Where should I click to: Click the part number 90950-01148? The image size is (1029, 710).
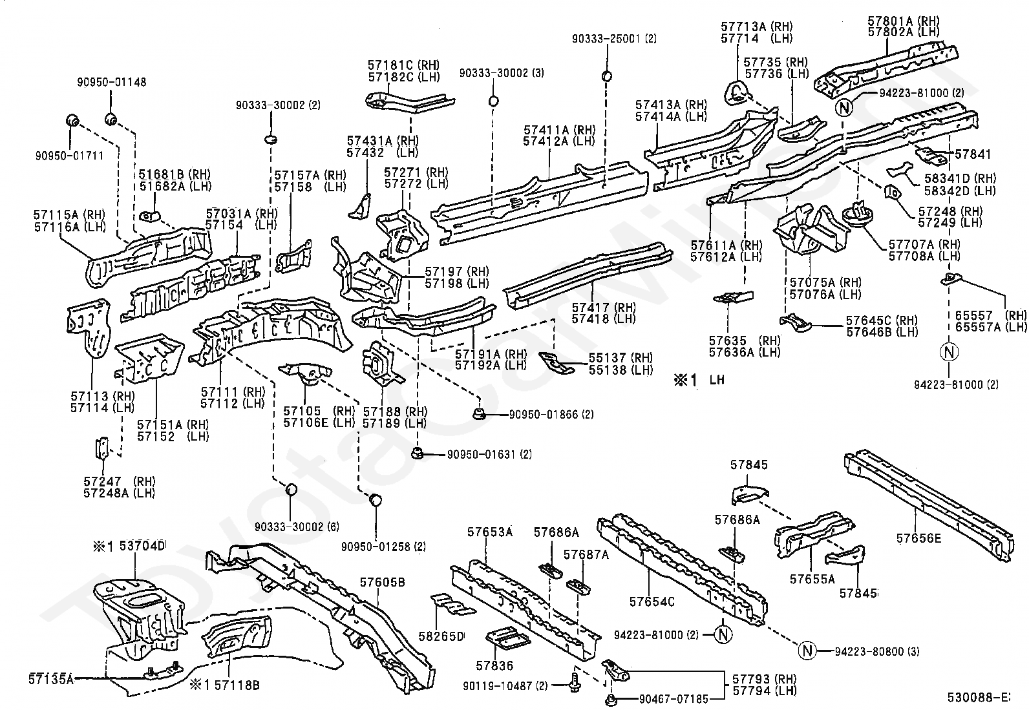pos(111,82)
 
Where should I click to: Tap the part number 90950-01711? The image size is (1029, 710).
pos(69,155)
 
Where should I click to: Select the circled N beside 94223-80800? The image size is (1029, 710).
pos(807,651)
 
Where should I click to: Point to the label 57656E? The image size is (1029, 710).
pos(918,537)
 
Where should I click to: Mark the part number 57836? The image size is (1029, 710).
pos(494,665)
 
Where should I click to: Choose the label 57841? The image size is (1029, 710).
pos(973,154)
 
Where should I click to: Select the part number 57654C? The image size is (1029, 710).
pos(652,601)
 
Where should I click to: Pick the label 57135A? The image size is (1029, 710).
pos(51,678)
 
